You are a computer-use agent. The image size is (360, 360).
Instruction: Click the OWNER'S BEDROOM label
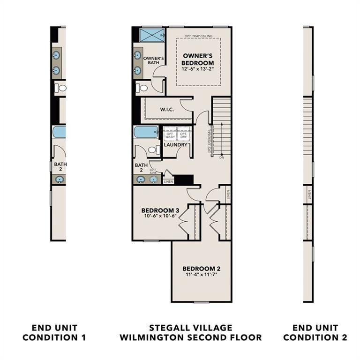click(x=198, y=59)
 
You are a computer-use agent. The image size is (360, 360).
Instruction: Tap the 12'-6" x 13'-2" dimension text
click(x=198, y=69)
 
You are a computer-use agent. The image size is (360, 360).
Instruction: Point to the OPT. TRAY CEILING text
click(x=199, y=36)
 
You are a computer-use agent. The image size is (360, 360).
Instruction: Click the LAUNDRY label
click(x=175, y=145)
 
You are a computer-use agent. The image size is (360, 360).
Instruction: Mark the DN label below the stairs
click(x=221, y=158)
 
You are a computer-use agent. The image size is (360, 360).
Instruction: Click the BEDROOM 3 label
click(x=160, y=210)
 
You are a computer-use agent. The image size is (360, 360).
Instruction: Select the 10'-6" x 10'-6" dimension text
click(x=160, y=217)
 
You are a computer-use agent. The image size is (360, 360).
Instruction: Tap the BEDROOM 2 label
click(x=201, y=269)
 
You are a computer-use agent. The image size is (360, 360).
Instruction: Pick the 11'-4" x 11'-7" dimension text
click(x=201, y=275)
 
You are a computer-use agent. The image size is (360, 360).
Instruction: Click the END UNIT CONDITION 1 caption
click(x=54, y=332)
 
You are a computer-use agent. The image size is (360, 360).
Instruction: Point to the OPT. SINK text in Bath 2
click(x=153, y=171)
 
